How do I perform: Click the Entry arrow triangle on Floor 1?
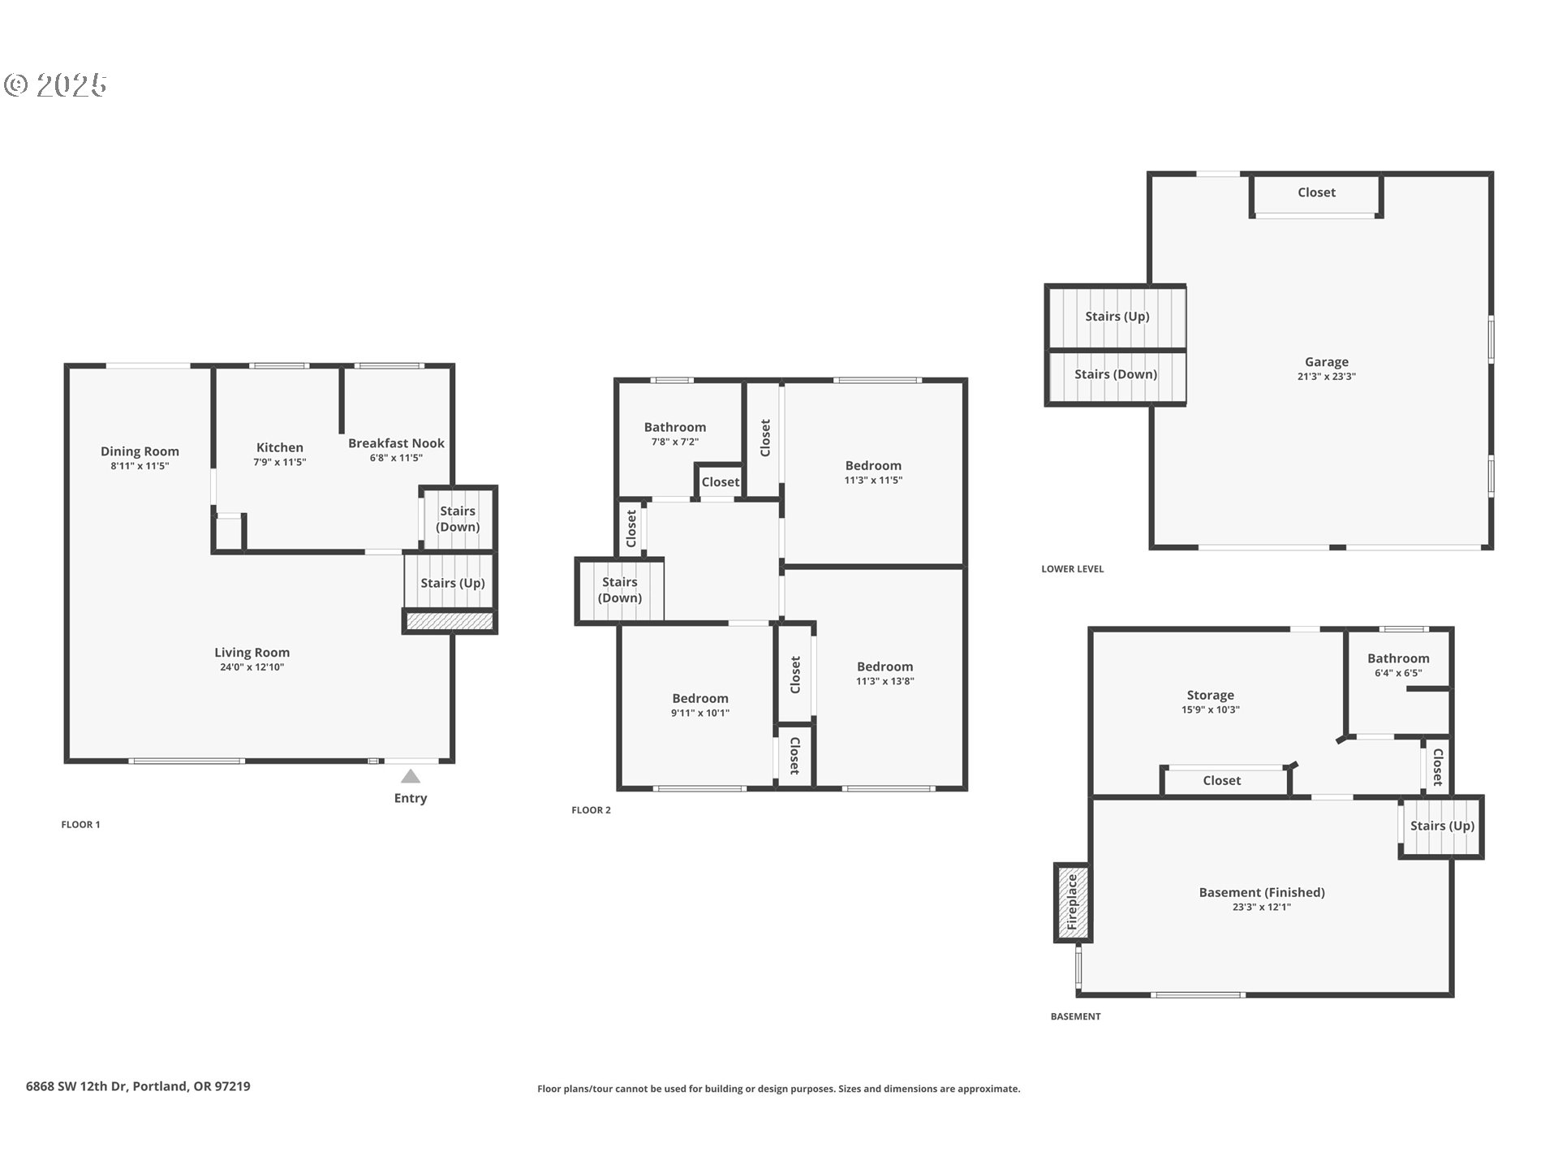point(411,776)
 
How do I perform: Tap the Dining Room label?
point(140,451)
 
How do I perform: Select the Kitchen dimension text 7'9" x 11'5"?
point(279,462)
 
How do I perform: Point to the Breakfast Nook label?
point(396,443)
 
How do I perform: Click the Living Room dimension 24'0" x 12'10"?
point(252,667)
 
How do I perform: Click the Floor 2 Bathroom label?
point(675,427)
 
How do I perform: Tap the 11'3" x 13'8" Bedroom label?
point(884,666)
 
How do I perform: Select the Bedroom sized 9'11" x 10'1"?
point(699,698)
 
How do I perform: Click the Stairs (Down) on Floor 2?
point(619,590)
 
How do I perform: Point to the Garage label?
point(1327,362)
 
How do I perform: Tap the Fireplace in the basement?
point(1072,902)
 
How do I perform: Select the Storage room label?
point(1210,695)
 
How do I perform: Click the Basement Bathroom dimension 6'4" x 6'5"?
point(1398,673)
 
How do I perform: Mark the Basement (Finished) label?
point(1262,892)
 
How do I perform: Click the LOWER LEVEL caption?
point(1073,569)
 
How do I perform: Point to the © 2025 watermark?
point(55,85)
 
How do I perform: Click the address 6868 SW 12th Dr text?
point(76,1086)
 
